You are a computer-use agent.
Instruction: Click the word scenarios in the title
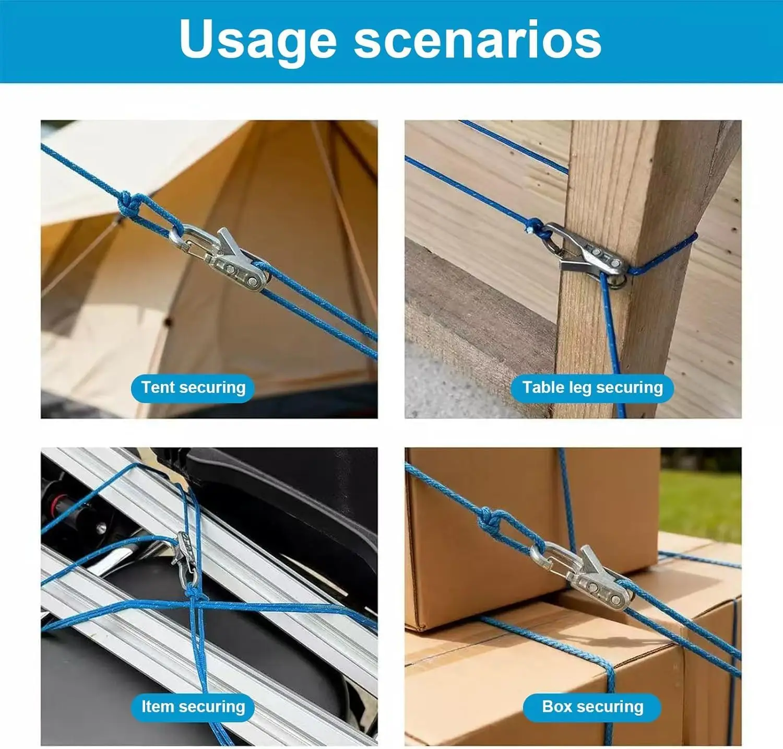tap(478, 39)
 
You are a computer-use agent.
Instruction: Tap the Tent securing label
tap(193, 388)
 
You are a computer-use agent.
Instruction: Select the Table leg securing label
tap(592, 388)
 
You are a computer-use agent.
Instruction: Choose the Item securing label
tap(193, 707)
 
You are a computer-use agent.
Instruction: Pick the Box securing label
tap(592, 707)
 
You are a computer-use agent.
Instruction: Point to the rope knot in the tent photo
tap(127, 205)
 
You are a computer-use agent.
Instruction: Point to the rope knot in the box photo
tap(489, 520)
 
